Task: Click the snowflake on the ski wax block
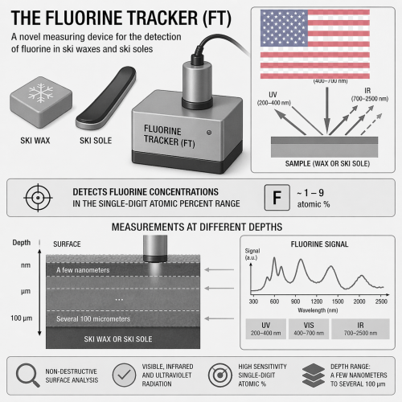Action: (x=40, y=93)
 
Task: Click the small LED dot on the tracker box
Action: (x=209, y=133)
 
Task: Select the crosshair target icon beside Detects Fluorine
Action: (x=38, y=198)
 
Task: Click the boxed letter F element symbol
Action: (x=277, y=198)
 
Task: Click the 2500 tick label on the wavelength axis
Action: (x=381, y=301)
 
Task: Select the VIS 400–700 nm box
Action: (x=309, y=329)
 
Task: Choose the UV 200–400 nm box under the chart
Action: (x=265, y=329)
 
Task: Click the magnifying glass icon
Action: (x=27, y=375)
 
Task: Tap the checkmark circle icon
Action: (x=124, y=375)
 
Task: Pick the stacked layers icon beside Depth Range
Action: (x=314, y=375)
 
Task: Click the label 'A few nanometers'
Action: (x=83, y=270)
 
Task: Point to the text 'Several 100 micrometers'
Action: (x=93, y=319)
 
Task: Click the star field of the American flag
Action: (x=284, y=28)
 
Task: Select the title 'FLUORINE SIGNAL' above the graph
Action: (x=319, y=244)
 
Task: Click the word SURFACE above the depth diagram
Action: (x=67, y=244)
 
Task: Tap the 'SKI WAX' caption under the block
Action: (x=35, y=141)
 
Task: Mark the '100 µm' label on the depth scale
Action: (x=22, y=318)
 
